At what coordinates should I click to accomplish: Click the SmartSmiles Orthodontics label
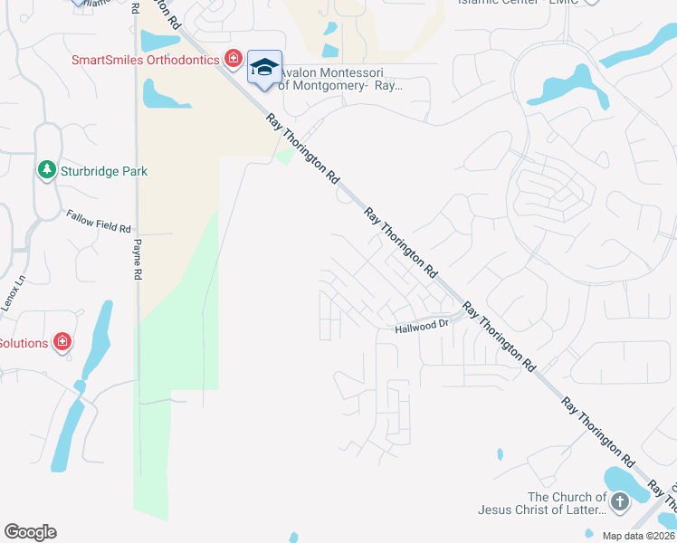point(146,60)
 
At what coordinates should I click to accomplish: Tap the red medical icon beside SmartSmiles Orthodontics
point(233,59)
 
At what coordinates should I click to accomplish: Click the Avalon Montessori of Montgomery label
point(339,79)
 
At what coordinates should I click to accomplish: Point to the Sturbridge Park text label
point(103,171)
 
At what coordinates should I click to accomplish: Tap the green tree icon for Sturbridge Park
point(46,169)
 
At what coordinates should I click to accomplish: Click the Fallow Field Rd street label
point(99,221)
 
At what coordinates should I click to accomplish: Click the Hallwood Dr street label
point(422,327)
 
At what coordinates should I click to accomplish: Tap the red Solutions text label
point(23,343)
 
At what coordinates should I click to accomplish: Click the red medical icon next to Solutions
point(62,341)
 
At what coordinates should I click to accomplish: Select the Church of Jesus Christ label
point(542,504)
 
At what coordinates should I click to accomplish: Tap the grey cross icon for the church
point(620,501)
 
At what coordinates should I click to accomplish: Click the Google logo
point(30,532)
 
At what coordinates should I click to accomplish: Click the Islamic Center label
point(516,2)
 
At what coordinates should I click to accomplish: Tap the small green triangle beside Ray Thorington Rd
point(284,157)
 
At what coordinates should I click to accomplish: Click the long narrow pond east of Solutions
point(95,340)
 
